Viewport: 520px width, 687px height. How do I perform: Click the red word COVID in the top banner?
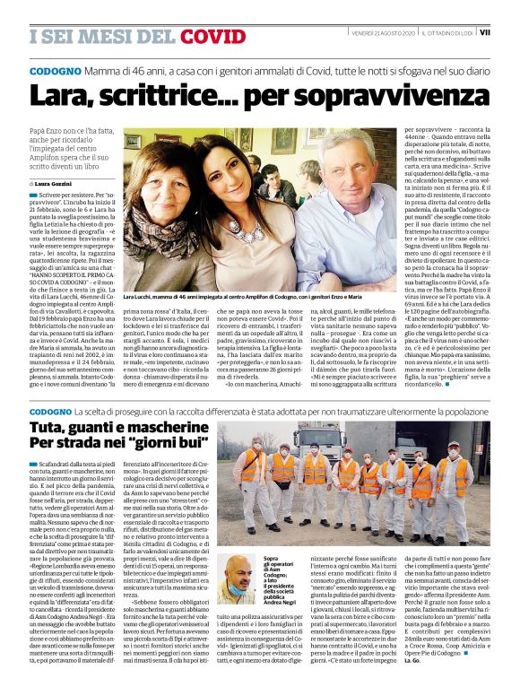(212, 36)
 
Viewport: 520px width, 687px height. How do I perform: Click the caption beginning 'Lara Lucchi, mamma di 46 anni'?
(256, 295)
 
